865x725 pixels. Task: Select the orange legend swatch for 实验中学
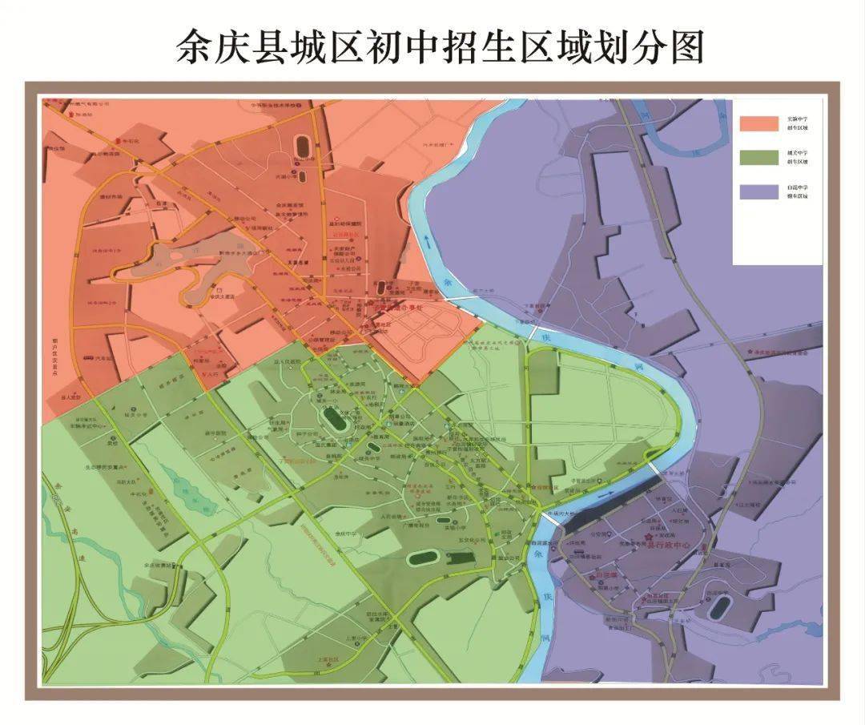point(758,123)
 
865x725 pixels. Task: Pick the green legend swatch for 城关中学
point(758,156)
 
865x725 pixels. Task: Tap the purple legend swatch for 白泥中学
point(758,191)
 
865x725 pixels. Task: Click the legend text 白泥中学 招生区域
point(796,191)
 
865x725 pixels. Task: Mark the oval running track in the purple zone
point(718,607)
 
